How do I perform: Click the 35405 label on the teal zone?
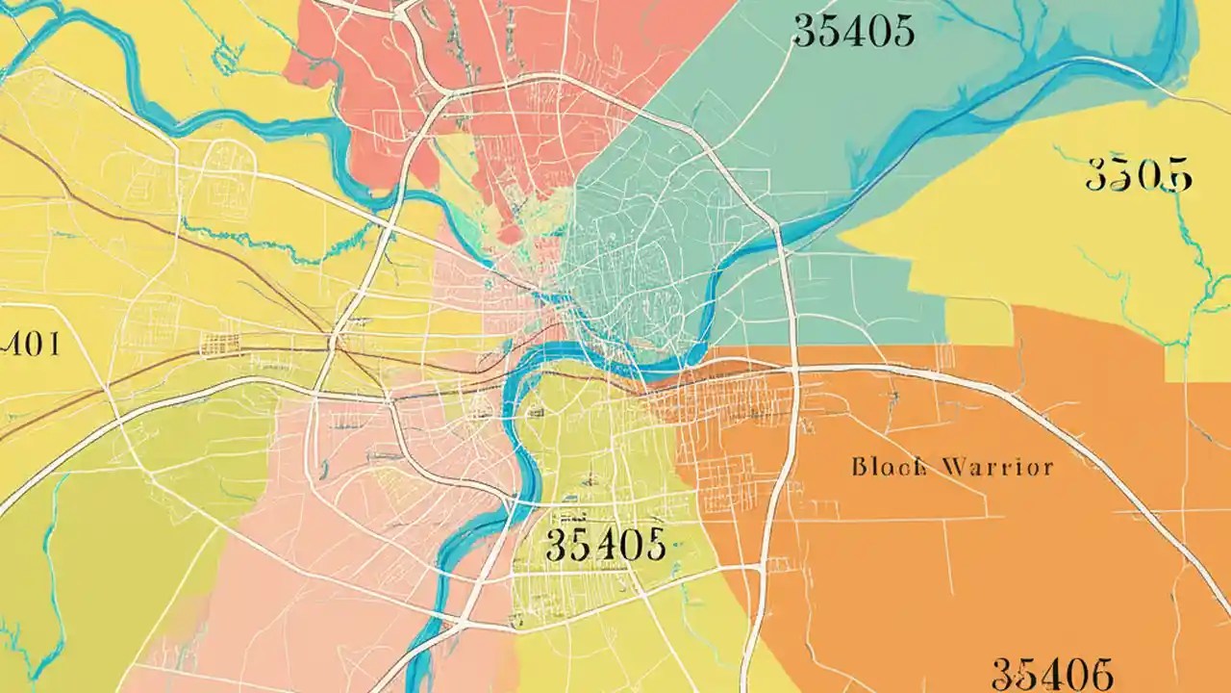pos(852,31)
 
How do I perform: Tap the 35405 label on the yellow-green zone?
pos(605,545)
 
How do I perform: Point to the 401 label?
pos(29,344)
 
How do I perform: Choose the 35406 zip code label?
pos(1052,673)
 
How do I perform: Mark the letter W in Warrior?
pos(958,469)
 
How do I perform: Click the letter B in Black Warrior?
pos(859,469)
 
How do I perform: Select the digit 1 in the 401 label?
pos(53,344)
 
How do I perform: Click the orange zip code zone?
pos(962,558)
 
